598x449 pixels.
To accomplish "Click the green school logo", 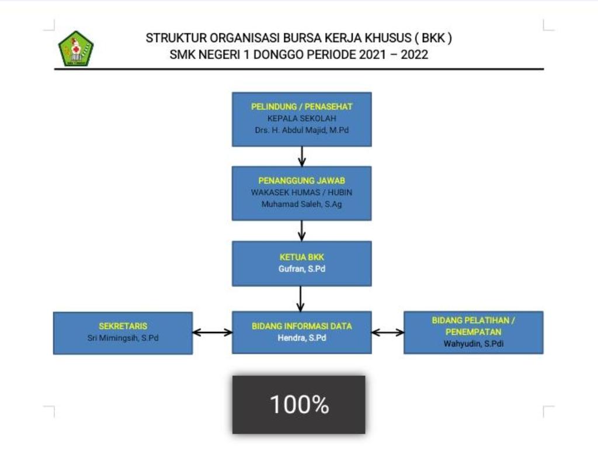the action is tap(76, 49).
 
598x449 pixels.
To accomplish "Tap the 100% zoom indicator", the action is tap(299, 405).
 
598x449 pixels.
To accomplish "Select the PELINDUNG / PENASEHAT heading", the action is tap(302, 106).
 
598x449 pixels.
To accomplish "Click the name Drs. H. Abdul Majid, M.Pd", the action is tap(302, 130).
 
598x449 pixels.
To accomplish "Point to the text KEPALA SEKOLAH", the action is tap(302, 118).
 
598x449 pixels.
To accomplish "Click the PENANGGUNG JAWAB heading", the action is tap(302, 181).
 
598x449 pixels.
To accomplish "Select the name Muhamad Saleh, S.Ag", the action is tap(302, 204).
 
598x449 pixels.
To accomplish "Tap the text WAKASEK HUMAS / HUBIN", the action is tap(302, 192).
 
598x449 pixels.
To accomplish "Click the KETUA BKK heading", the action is tap(302, 257).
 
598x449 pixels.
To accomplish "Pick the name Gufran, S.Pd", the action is tap(302, 269).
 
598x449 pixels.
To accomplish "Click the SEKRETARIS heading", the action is tap(123, 326).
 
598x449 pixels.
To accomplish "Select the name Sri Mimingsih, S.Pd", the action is tap(123, 338).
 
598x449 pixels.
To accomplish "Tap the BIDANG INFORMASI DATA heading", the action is tap(302, 326).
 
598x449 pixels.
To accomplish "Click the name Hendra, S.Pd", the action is tap(302, 338).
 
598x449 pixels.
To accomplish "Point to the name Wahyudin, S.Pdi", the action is tap(473, 344).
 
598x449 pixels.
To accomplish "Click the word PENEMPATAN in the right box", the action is tap(473, 332).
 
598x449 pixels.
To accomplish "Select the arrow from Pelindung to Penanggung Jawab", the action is tap(302, 157).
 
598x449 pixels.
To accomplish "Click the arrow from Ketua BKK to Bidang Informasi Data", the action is tap(301, 299).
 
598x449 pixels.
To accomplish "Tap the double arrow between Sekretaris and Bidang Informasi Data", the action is tap(213, 333).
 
